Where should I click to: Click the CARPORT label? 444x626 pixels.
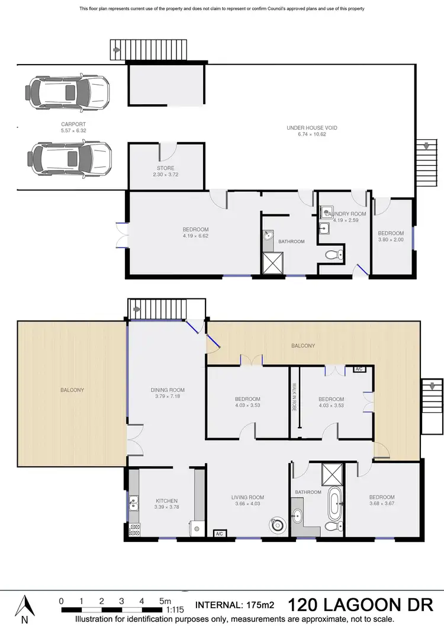click(x=69, y=124)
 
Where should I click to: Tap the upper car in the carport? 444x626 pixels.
click(x=67, y=92)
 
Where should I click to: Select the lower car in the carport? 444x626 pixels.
click(x=69, y=158)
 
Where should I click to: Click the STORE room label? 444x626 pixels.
click(x=165, y=169)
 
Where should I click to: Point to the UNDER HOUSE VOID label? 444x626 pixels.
click(x=312, y=127)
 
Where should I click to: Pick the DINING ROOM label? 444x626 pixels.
click(x=168, y=390)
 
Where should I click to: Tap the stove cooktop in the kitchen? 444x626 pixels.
click(x=134, y=529)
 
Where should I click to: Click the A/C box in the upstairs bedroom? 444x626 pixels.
click(x=359, y=369)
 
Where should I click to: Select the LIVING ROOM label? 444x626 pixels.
click(x=247, y=497)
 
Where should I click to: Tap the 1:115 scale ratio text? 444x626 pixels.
click(x=175, y=608)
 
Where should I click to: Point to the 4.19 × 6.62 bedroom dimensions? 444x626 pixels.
click(x=196, y=236)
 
